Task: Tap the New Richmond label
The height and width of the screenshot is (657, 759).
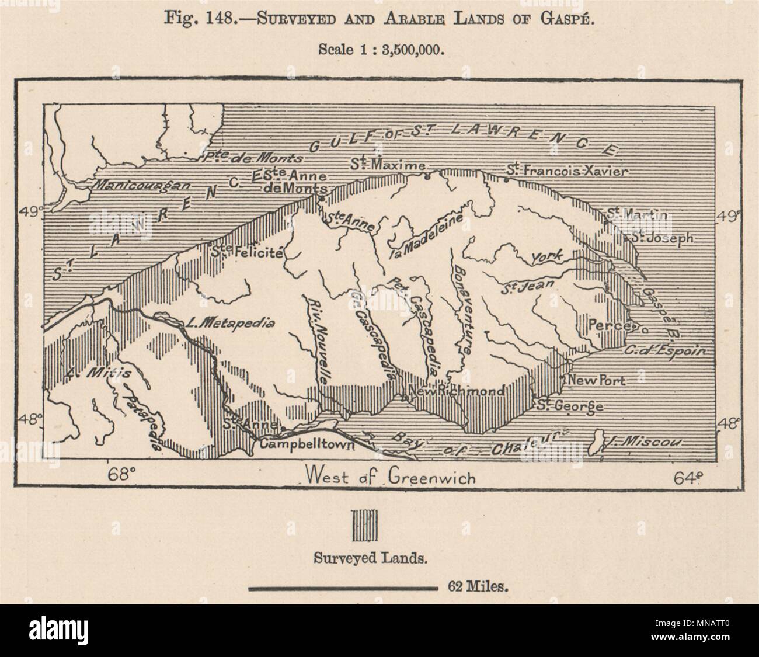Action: [x=456, y=391]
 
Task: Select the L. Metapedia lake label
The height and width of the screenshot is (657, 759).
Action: [x=231, y=323]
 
